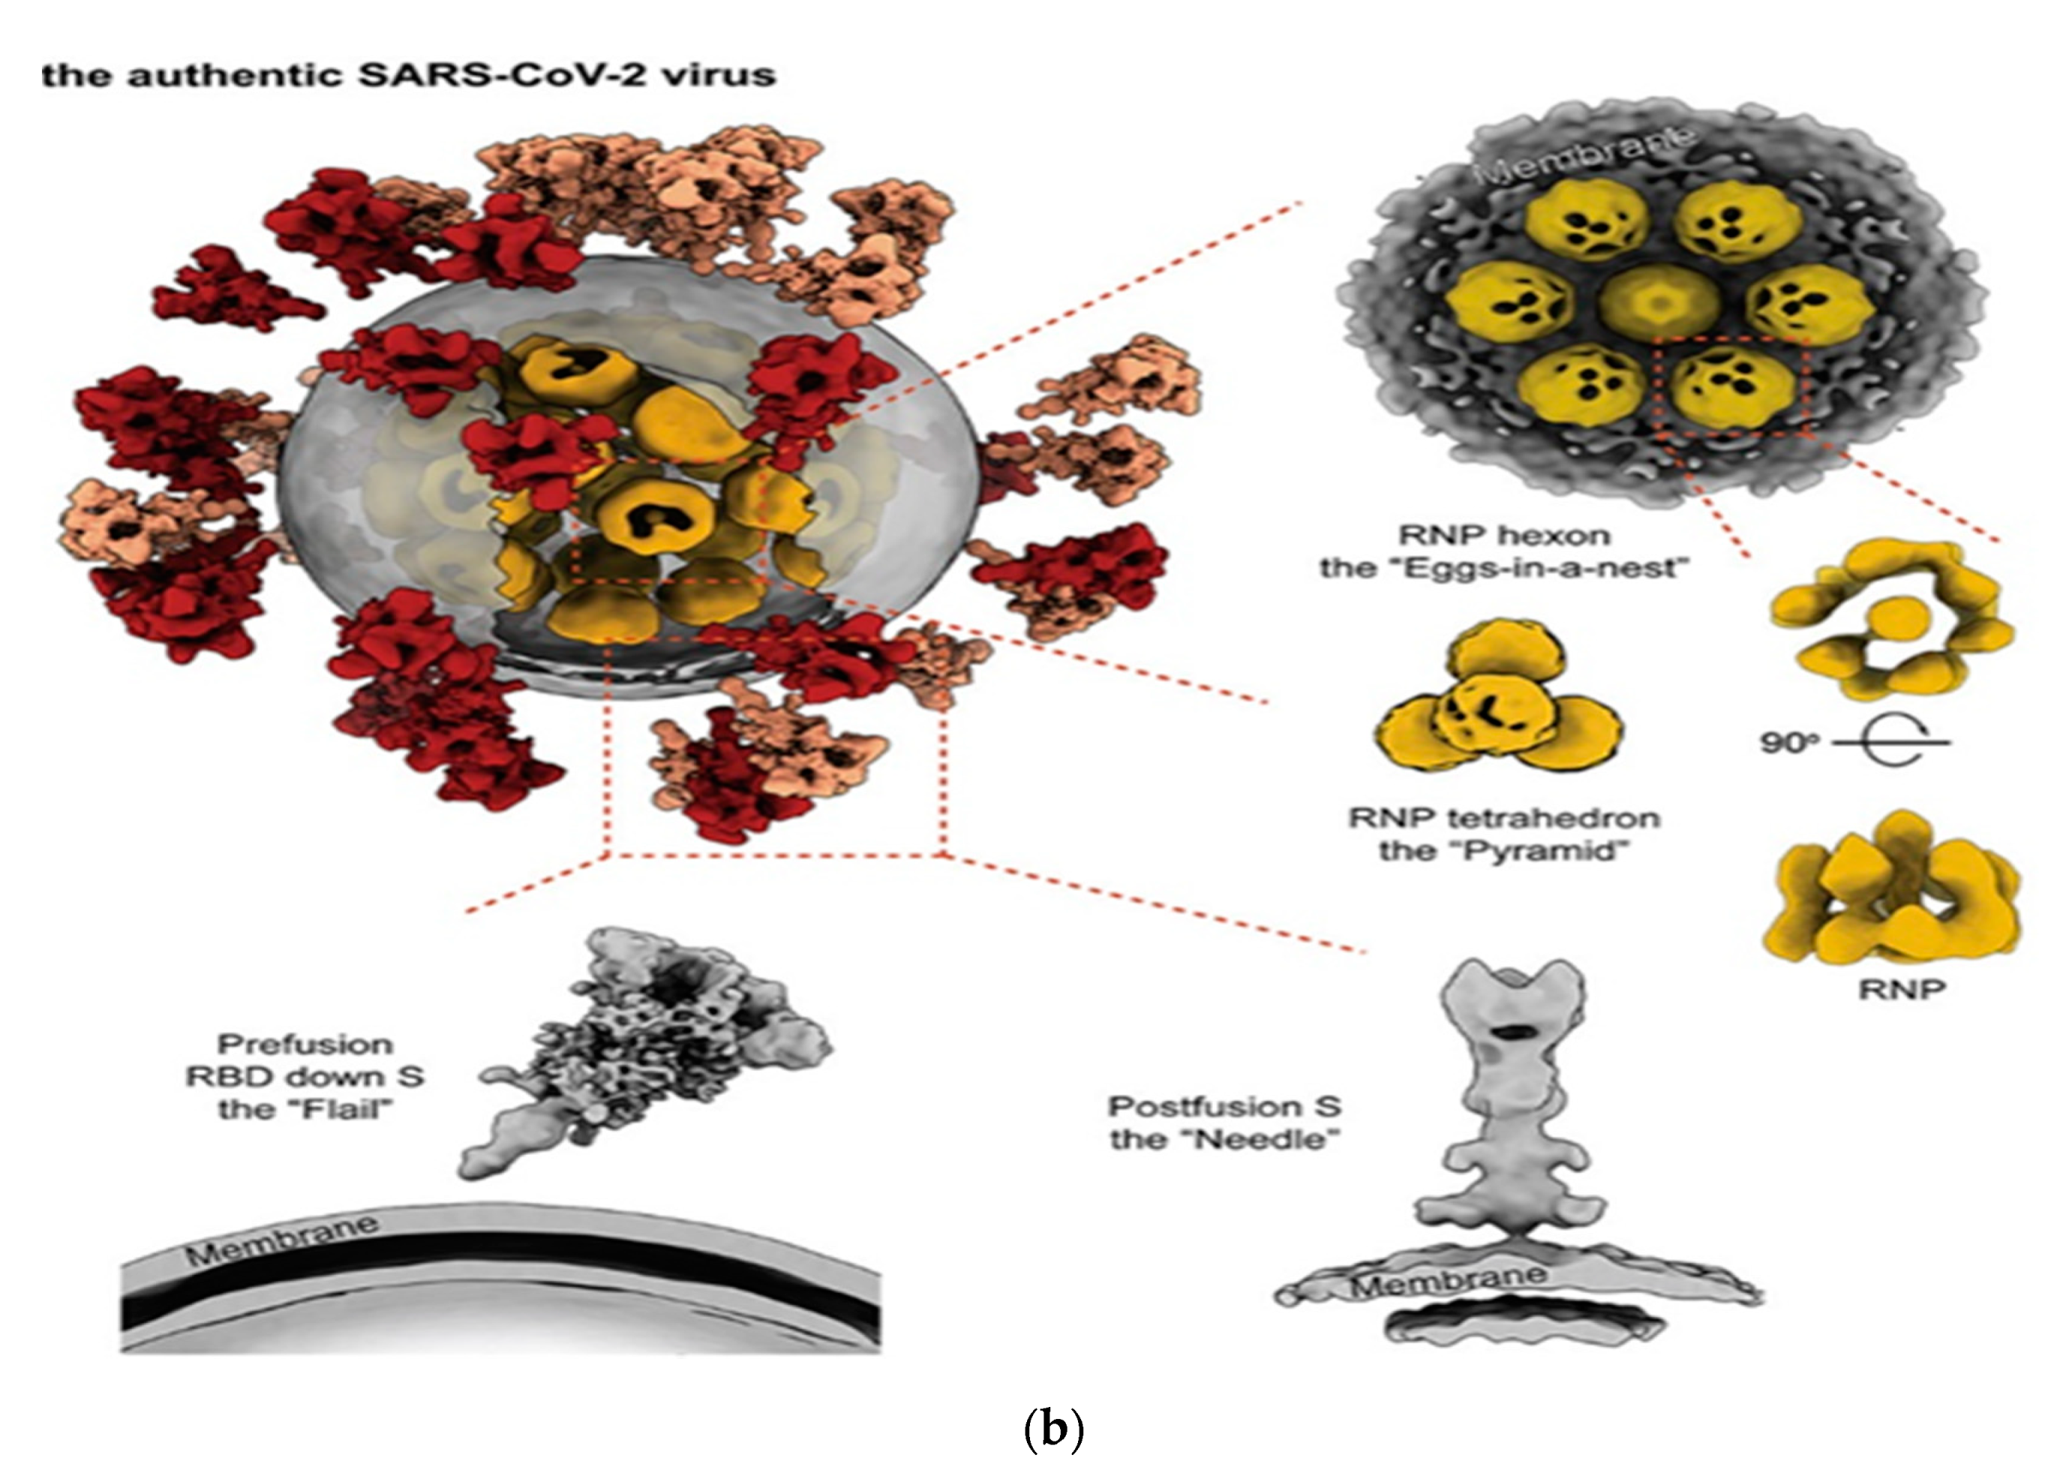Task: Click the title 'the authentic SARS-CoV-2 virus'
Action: pos(409,74)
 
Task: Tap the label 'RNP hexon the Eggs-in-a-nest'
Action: pos(1504,552)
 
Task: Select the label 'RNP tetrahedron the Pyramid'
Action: pos(1504,834)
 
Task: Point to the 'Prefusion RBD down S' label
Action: pos(305,1076)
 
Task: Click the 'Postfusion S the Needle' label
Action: pos(1225,1123)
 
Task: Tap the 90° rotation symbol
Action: pos(1854,743)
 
